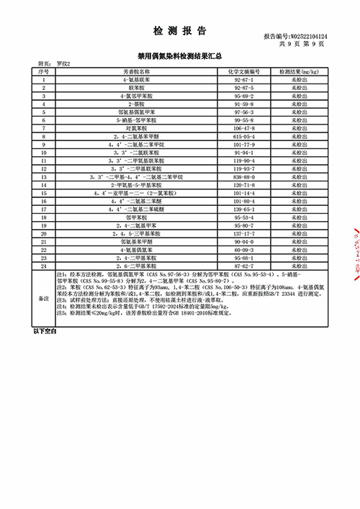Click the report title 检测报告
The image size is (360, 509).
coord(180,31)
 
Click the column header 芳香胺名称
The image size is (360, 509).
coord(136,73)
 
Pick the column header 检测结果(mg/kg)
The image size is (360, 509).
coord(300,73)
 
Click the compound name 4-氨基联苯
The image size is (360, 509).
coord(136,81)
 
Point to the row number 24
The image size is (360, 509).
coord(44,265)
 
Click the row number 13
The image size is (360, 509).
coord(44,176)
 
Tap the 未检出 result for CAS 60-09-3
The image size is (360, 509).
coord(300,251)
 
